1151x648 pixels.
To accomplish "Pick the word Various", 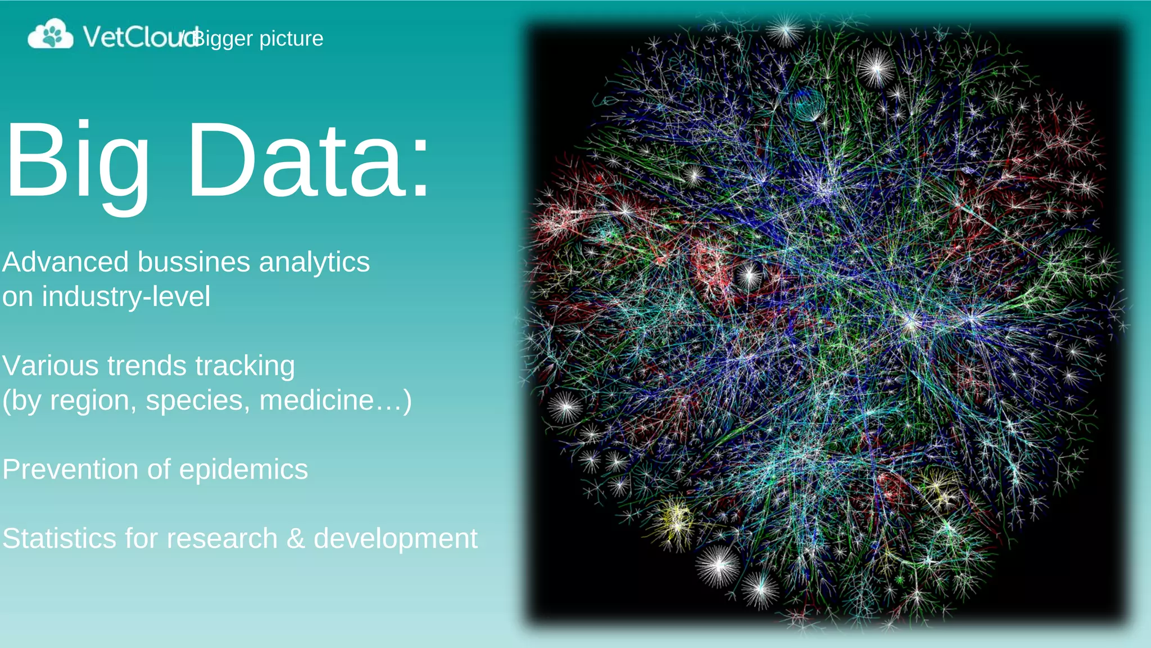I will click(x=51, y=366).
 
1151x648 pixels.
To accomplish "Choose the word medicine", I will click(x=317, y=400).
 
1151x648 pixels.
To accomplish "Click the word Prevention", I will click(x=70, y=469).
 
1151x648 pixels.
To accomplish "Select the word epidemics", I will click(x=243, y=470).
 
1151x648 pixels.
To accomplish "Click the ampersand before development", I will click(x=296, y=538).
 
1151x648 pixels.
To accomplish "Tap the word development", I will click(x=396, y=539).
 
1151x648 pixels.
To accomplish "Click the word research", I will click(x=222, y=538).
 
